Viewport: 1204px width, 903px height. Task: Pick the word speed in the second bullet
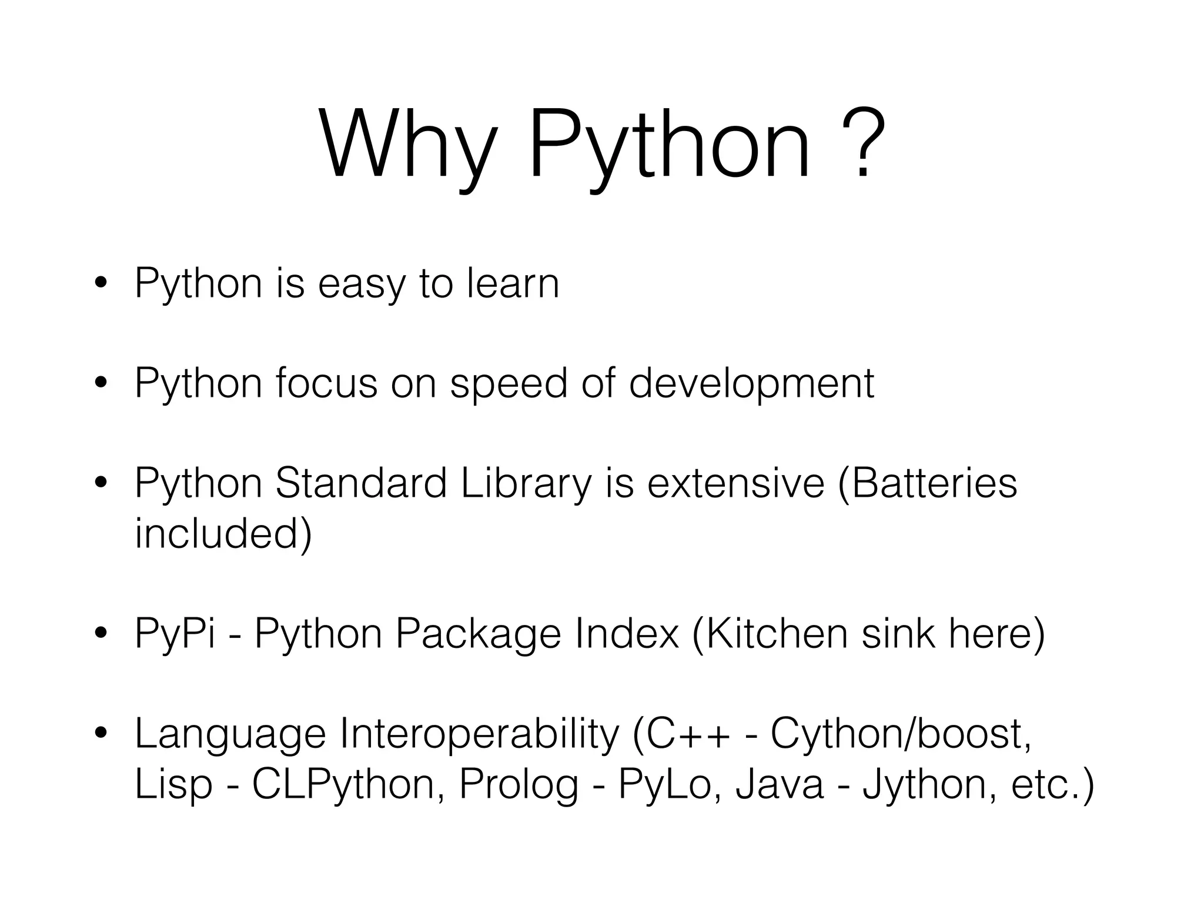[509, 384]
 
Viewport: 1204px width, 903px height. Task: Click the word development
[751, 384]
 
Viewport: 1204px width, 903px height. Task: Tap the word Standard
[361, 483]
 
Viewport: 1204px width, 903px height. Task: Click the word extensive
[736, 483]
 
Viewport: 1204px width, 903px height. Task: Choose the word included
[223, 533]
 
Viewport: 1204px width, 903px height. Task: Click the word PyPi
[175, 634]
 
